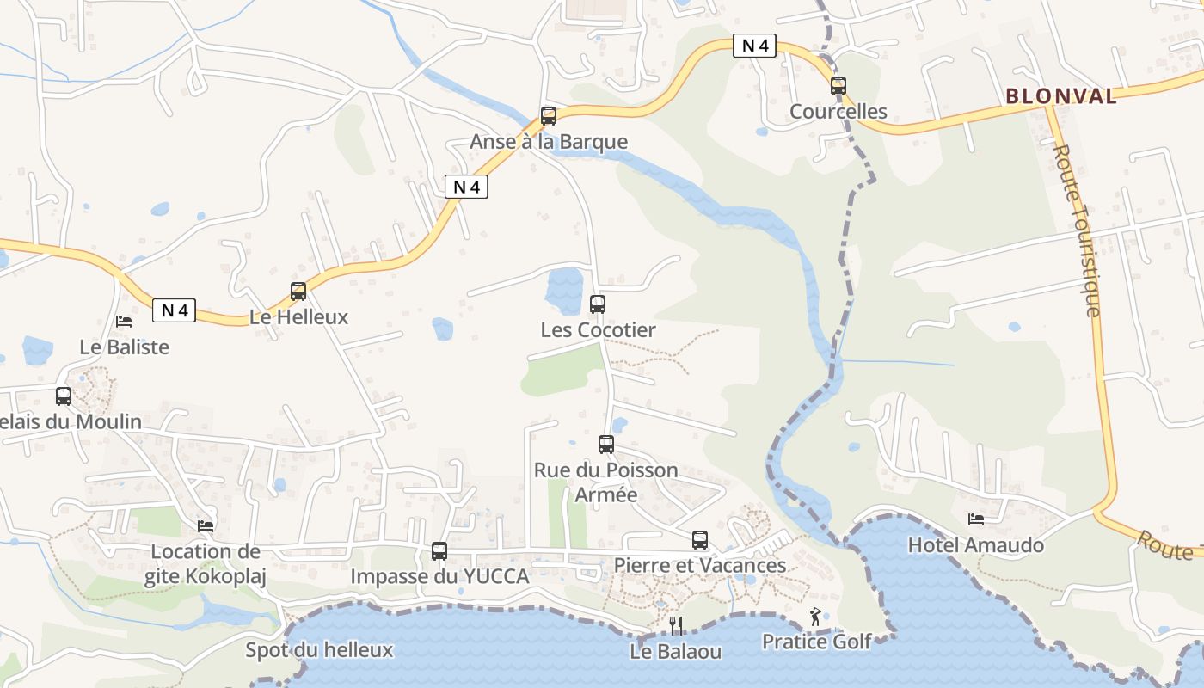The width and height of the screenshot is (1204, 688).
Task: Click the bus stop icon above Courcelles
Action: tap(838, 86)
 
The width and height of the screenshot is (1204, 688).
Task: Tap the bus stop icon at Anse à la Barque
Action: tap(549, 116)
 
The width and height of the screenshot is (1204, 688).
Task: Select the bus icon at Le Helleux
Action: tap(298, 292)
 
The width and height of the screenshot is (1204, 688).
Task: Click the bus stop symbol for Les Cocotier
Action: tap(598, 304)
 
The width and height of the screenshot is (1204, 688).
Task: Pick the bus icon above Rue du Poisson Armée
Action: tap(606, 445)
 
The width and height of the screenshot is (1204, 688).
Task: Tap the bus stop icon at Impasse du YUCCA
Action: tap(439, 551)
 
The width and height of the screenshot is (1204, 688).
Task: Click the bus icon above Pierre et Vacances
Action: tap(700, 540)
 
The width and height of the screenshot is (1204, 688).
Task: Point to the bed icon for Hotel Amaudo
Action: tap(976, 519)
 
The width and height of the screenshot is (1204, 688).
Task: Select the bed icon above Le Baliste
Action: tap(124, 322)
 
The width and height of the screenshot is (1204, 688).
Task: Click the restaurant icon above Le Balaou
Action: tap(676, 625)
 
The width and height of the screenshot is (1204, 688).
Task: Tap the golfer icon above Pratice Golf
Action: tap(815, 616)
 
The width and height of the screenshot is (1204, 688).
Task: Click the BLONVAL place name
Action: tap(1061, 96)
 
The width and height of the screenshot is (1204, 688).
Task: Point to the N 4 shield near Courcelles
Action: tap(754, 46)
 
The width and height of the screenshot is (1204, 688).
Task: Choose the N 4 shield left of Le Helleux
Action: tap(175, 310)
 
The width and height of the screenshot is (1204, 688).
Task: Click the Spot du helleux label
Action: tap(319, 650)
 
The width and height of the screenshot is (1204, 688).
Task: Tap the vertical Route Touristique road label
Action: tap(1077, 230)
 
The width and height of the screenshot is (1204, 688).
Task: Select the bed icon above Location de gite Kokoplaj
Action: tap(206, 525)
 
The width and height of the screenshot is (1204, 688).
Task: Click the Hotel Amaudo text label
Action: tap(976, 545)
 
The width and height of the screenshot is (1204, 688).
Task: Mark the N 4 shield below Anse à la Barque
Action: tap(466, 187)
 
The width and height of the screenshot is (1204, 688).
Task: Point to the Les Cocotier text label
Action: tap(598, 330)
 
